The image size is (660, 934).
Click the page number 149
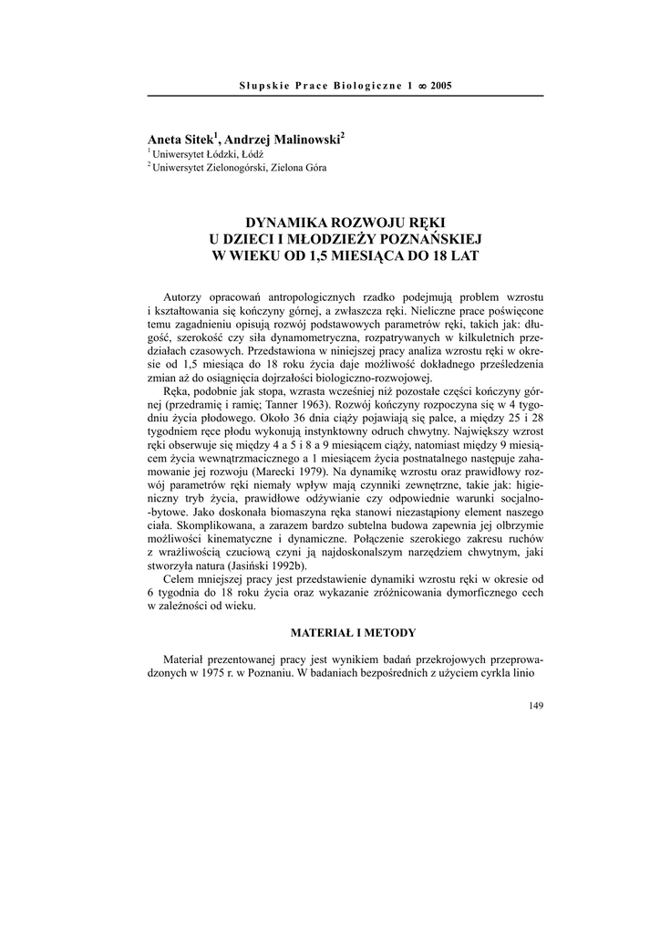click(535, 705)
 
